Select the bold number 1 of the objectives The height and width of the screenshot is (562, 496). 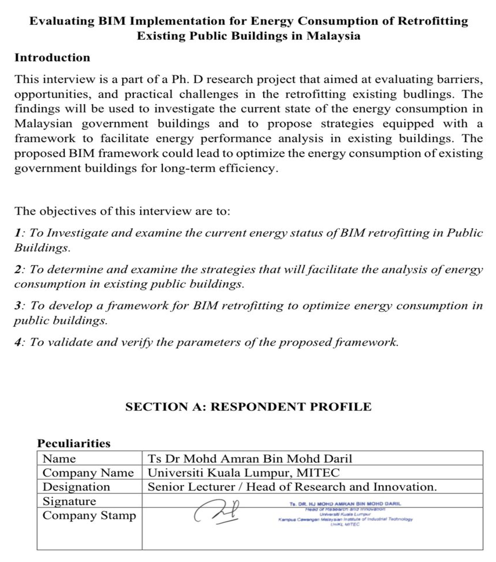pyautogui.click(x=18, y=233)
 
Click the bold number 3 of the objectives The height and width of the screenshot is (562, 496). pyautogui.click(x=18, y=305)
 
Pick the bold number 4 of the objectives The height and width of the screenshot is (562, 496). pyautogui.click(x=18, y=342)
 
